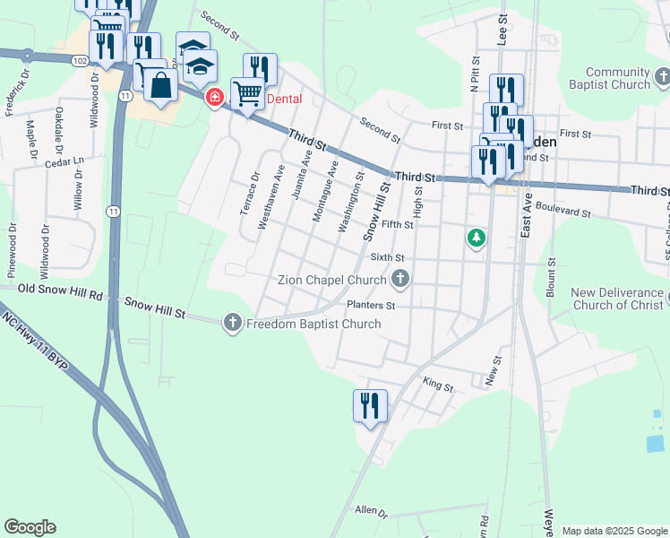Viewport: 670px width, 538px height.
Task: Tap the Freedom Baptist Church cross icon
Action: click(233, 324)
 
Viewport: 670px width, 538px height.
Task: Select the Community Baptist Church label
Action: click(618, 78)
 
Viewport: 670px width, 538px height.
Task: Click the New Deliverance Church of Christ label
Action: click(618, 299)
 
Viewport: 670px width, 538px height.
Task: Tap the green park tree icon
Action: click(477, 239)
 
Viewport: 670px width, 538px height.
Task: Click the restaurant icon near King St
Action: click(370, 405)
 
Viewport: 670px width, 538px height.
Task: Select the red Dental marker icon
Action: click(214, 98)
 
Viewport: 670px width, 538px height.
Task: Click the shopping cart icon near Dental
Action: click(246, 92)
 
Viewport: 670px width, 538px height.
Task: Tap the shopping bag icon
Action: click(161, 87)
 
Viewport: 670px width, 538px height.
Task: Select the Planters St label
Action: click(371, 306)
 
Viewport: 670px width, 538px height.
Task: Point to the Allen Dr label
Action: click(371, 511)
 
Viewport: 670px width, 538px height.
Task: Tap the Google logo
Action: click(30, 527)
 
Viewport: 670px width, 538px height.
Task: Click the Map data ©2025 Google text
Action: click(614, 531)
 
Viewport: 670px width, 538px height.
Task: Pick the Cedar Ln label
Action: click(65, 161)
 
